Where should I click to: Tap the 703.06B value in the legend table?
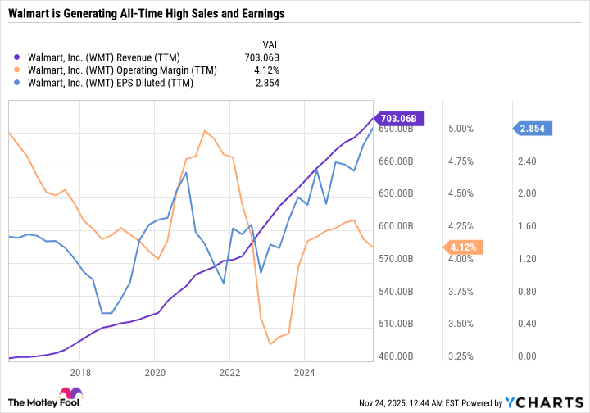[261, 57]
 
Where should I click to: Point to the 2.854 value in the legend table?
[267, 84]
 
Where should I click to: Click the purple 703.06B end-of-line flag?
[397, 118]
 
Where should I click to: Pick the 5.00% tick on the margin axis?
[461, 129]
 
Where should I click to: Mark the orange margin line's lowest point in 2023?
[270, 344]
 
